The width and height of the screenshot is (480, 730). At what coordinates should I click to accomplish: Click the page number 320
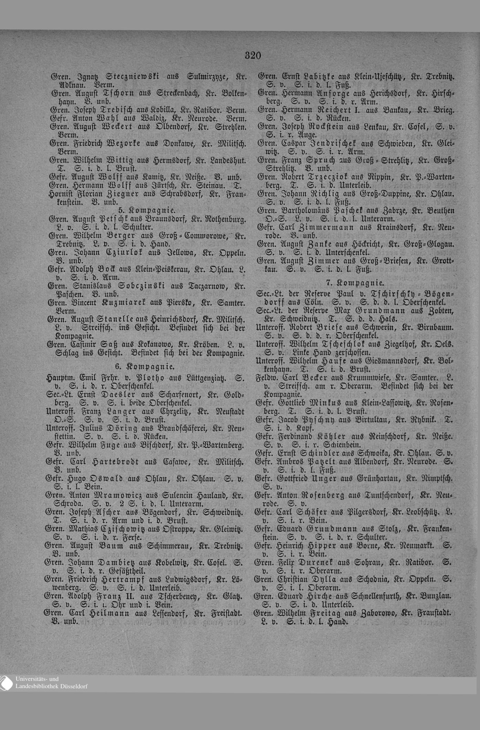(253, 55)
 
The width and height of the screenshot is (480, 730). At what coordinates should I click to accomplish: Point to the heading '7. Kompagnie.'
(355, 283)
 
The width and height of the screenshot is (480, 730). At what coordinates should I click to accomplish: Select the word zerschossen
(347, 353)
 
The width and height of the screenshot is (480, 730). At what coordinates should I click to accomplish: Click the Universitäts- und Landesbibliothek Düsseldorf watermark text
(51, 683)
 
